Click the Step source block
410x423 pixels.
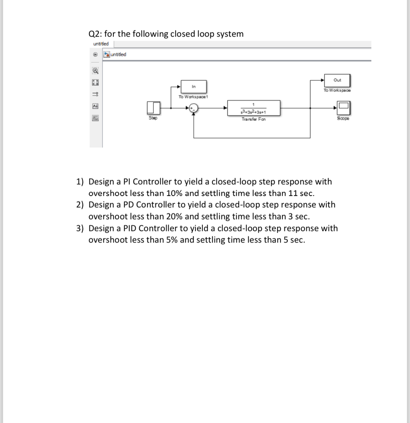153,108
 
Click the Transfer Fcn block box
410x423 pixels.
254,108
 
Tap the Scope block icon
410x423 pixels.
343,108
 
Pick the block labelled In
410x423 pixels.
194,86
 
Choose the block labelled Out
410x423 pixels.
337,80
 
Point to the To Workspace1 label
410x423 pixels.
193,97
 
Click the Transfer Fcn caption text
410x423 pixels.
254,119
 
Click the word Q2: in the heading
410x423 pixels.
95,34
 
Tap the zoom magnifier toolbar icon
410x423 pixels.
95,71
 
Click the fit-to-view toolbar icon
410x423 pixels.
95,83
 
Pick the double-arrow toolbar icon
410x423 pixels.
95,94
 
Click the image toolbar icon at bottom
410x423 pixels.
95,118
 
